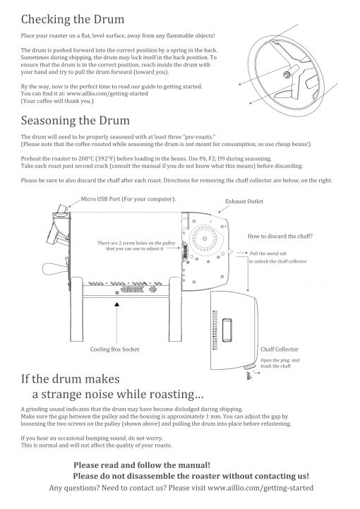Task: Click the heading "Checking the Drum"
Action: (73, 19)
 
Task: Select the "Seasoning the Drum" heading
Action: (76, 121)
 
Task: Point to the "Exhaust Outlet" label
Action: (244, 201)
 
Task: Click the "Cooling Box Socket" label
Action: (114, 349)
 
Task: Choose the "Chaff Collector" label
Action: (280, 349)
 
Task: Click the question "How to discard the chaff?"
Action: (280, 236)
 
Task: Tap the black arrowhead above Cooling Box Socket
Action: (117, 304)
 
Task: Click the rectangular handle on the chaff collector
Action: (227, 330)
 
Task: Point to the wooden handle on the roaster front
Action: (54, 268)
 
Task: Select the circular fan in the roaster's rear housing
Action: (205, 239)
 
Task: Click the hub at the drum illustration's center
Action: (287, 75)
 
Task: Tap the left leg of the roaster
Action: (77, 309)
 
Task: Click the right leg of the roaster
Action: (175, 309)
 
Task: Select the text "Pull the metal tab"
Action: (268, 253)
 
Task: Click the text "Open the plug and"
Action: (280, 360)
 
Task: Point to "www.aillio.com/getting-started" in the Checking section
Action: (107, 93)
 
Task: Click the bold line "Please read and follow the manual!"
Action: (142, 465)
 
